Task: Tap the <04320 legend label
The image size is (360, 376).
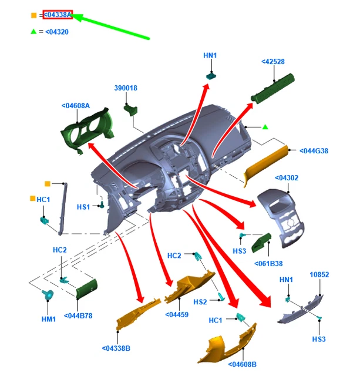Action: (x=57, y=32)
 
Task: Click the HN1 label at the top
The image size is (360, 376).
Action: (x=210, y=56)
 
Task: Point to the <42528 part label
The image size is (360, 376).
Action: (x=273, y=62)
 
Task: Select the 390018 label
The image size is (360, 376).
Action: (x=125, y=88)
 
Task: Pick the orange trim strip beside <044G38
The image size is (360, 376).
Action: (x=265, y=165)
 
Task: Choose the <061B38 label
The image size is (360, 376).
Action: (x=268, y=264)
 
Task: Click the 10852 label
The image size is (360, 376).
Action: (x=319, y=274)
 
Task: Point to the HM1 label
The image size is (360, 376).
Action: (x=49, y=320)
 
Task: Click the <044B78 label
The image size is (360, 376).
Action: (x=78, y=315)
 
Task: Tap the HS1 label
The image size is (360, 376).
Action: (x=83, y=207)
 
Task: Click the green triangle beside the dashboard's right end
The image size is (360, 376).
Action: (x=265, y=126)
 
